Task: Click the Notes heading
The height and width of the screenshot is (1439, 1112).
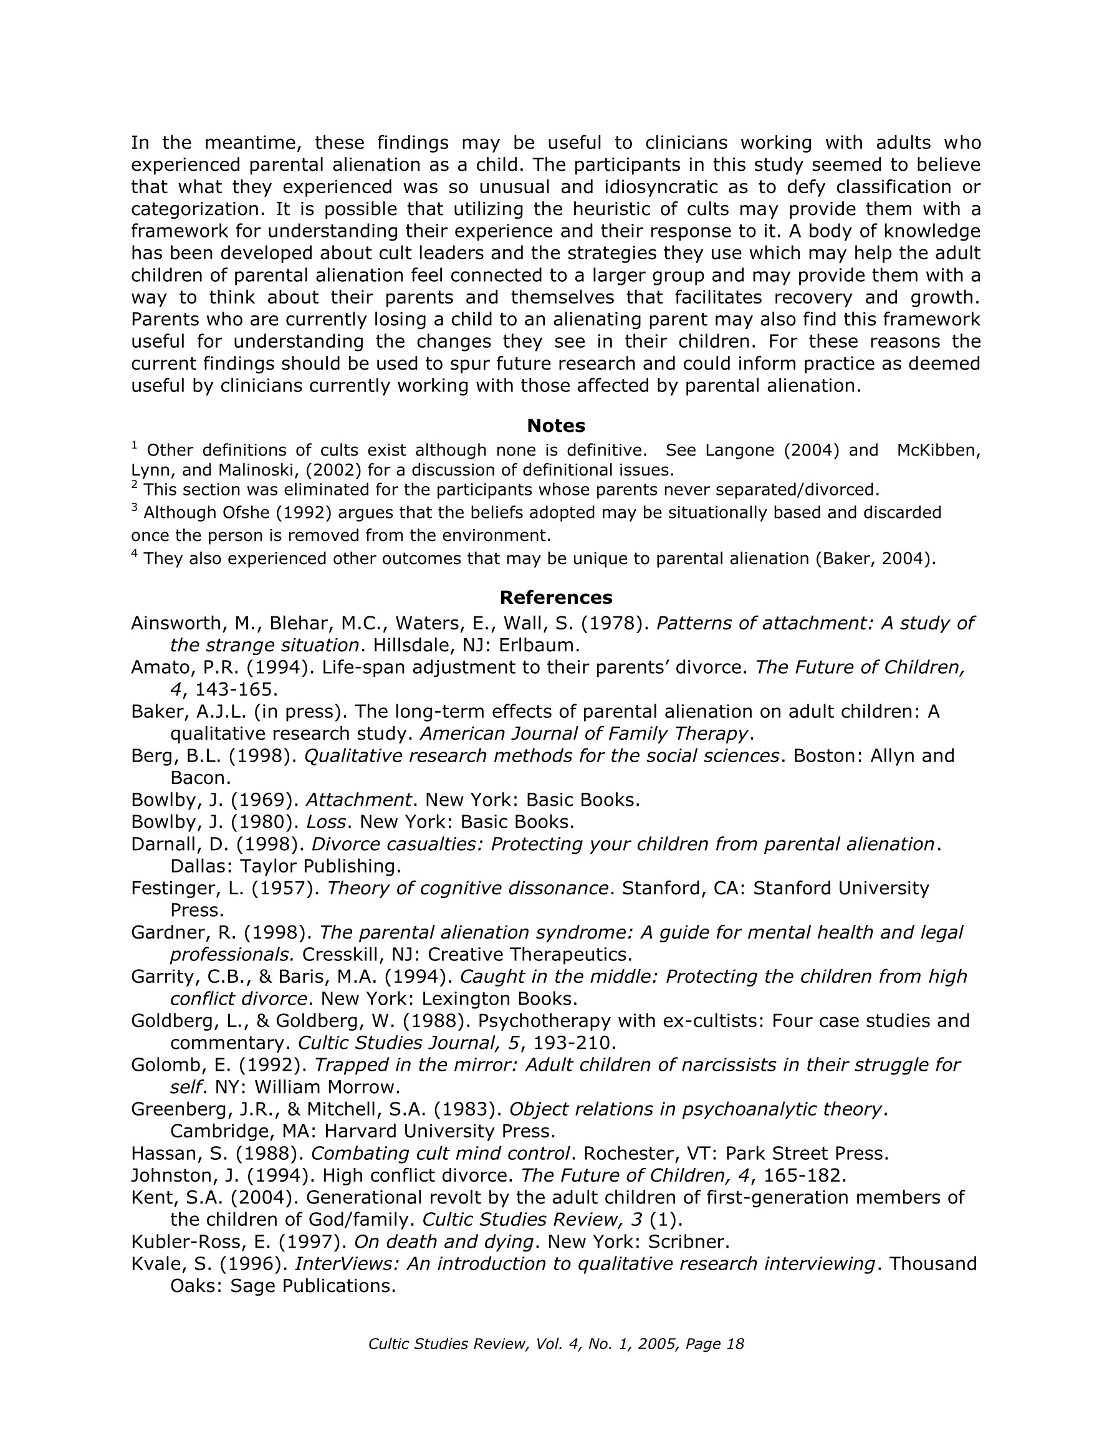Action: [555, 426]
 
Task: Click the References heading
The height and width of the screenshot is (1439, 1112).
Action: [555, 597]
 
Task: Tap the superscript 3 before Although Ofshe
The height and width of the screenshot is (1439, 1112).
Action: [135, 507]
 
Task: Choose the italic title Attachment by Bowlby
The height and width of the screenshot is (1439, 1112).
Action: [358, 800]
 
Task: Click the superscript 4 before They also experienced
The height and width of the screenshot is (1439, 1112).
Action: [135, 553]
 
